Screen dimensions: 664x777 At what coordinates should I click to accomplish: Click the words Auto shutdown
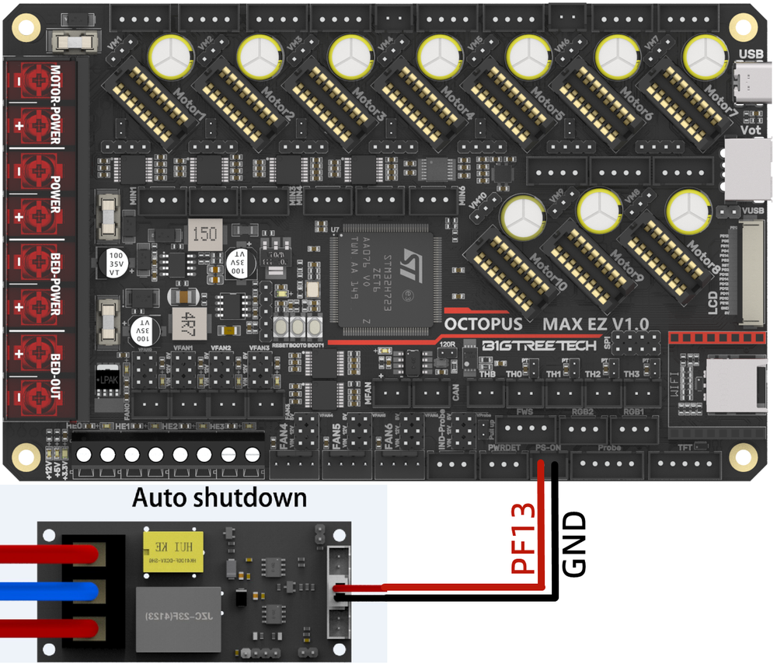point(219,498)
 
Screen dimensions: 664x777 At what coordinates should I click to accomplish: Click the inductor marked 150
point(204,234)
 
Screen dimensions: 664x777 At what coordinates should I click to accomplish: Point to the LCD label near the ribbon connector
point(713,304)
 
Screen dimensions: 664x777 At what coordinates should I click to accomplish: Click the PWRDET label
point(504,447)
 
